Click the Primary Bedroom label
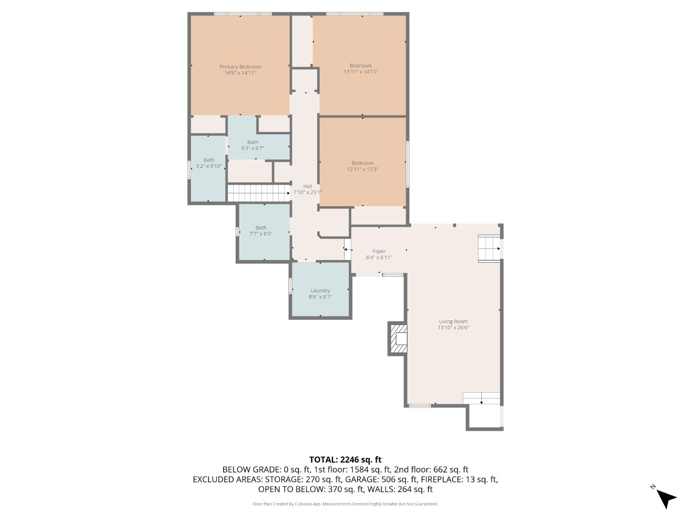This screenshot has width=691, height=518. click(x=240, y=67)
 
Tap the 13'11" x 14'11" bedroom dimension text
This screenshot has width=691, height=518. click(x=360, y=72)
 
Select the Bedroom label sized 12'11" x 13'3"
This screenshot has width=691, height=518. click(x=362, y=163)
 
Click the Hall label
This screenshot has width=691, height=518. click(x=308, y=186)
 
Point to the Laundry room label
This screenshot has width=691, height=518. click(x=320, y=291)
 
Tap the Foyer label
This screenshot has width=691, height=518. click(x=379, y=251)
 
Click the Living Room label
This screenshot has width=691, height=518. click(x=453, y=322)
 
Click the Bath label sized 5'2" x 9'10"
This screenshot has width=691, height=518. click(x=209, y=160)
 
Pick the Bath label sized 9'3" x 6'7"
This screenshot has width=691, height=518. click(x=252, y=142)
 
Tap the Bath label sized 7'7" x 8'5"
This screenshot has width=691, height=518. click(x=261, y=228)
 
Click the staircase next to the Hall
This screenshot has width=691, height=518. click(x=259, y=193)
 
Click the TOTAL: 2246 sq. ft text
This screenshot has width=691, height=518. click(x=345, y=459)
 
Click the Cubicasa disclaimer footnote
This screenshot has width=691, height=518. click(x=345, y=504)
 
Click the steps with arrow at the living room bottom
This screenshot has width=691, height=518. click(x=481, y=399)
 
